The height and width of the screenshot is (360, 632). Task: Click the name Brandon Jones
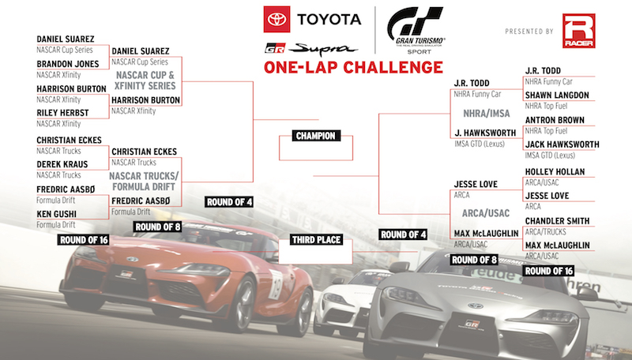[x=68, y=64]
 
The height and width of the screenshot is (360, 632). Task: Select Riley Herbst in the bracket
[x=62, y=113]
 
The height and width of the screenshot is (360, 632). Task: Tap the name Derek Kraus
[x=62, y=164]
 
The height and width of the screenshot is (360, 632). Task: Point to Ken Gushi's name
[x=56, y=214]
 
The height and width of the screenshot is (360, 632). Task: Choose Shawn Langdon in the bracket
[x=557, y=96]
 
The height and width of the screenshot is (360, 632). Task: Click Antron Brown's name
[x=555, y=120]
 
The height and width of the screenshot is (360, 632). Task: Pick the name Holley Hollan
[x=555, y=172]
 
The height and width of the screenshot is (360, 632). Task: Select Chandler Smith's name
[x=557, y=221]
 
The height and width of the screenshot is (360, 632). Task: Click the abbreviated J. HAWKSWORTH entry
[x=485, y=133]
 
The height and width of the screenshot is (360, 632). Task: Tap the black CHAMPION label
[x=315, y=136]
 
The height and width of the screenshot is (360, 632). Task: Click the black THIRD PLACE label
[x=317, y=240]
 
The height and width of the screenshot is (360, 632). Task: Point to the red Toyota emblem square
[x=276, y=19]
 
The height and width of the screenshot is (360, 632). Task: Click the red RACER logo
[x=579, y=31]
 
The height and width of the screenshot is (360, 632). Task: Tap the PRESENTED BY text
[x=529, y=32]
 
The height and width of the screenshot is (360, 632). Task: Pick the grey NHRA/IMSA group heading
[x=487, y=114]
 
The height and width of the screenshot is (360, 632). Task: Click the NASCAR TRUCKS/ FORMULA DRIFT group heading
[x=144, y=182]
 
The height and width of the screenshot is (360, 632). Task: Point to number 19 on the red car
[x=276, y=284]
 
